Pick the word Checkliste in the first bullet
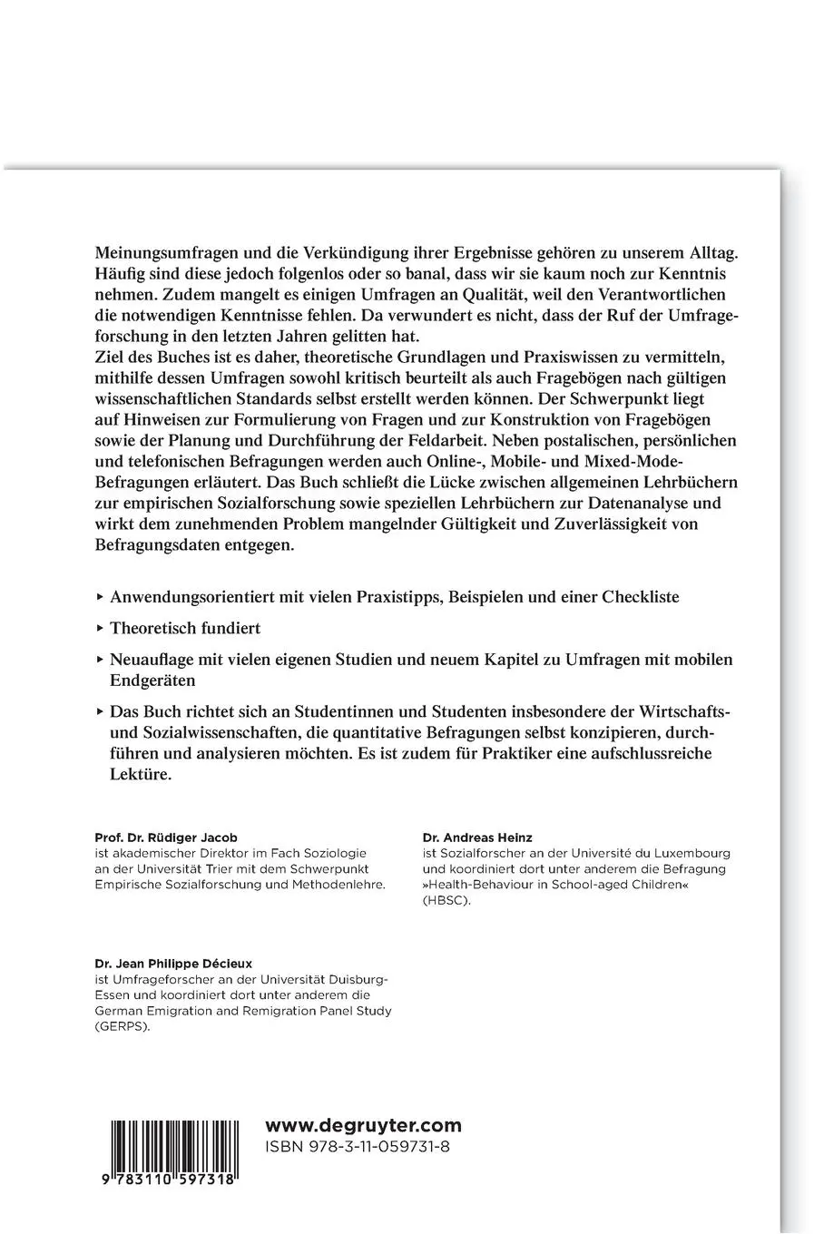pyautogui.click(x=641, y=597)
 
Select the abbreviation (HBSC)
pyautogui.click(x=447, y=901)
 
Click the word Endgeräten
pyautogui.click(x=152, y=679)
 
